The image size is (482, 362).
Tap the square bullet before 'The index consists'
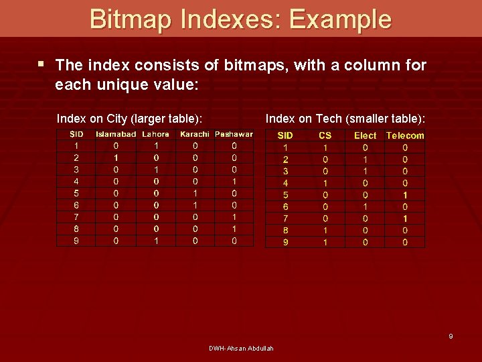42,65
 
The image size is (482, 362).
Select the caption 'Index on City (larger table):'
130,119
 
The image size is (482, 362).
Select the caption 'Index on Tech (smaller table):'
345,119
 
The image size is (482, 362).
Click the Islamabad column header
116,134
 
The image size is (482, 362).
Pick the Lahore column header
156,134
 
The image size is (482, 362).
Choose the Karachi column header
195,134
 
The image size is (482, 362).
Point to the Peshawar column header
234,134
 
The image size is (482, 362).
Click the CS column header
325,135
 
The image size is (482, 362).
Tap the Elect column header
365,135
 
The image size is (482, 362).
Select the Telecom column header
405,135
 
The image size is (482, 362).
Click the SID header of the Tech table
285,135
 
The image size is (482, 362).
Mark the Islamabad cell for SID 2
116,158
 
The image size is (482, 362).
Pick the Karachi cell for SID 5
195,193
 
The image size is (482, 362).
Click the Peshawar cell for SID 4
234,181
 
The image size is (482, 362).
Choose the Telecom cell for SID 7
405,219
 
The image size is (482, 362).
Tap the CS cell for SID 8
325,230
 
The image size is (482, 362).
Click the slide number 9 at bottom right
451,336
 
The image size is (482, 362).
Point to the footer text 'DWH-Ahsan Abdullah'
241,348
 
